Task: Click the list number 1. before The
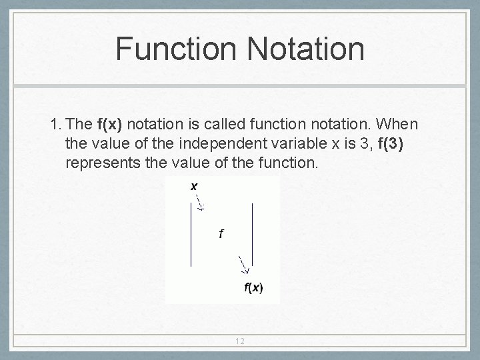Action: point(56,124)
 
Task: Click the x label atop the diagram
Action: point(194,187)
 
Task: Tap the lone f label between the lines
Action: point(221,233)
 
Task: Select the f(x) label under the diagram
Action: point(253,288)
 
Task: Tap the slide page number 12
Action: point(240,341)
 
